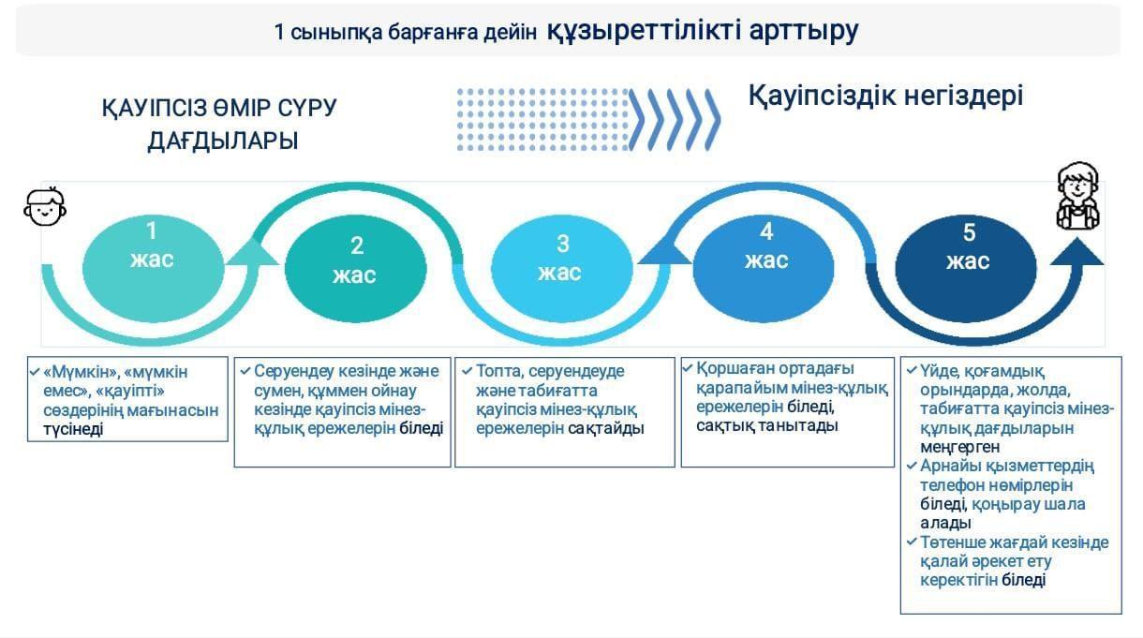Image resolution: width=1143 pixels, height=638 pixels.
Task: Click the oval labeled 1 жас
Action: point(153,269)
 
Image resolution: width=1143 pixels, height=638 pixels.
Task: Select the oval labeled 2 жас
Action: point(356,269)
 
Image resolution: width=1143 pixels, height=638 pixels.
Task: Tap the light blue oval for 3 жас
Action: point(562,269)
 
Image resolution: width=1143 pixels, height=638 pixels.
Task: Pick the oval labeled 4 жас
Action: point(764,269)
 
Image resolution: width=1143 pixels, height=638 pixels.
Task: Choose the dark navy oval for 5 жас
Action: point(966,269)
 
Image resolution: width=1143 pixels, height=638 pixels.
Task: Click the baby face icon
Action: point(45,206)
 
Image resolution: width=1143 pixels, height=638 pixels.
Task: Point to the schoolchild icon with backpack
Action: point(1077,196)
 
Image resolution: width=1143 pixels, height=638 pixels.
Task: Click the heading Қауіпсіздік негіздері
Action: point(885,96)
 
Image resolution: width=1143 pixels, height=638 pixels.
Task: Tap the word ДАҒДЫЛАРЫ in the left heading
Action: point(223,141)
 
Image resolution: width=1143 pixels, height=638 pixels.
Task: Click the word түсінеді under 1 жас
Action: point(73,429)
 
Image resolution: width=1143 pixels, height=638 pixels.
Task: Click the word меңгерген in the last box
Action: point(959,447)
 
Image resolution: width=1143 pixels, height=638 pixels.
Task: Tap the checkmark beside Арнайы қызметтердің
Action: point(912,466)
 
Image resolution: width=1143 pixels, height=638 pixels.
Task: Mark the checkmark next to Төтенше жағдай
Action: point(912,542)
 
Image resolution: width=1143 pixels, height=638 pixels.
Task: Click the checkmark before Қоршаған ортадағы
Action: point(688,367)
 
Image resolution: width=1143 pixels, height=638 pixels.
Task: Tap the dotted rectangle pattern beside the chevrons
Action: point(543,120)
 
